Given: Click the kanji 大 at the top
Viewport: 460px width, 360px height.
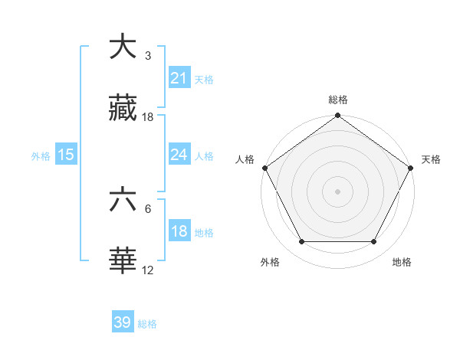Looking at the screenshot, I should click(x=123, y=47).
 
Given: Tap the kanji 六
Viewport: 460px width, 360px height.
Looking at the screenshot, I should click(x=123, y=200).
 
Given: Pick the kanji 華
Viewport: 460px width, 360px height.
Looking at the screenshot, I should click(x=123, y=261).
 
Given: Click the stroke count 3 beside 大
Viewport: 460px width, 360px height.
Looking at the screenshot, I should click(x=147, y=56).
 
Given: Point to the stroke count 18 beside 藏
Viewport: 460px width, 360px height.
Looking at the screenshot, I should click(x=148, y=117).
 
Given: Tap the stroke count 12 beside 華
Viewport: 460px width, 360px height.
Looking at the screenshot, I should click(x=148, y=270).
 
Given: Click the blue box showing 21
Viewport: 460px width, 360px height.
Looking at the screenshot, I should click(x=179, y=77).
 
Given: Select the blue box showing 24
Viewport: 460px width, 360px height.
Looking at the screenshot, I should click(x=179, y=154).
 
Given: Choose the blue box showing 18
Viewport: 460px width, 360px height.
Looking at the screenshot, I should click(x=179, y=231).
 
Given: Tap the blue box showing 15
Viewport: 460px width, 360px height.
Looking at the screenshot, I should click(x=66, y=154).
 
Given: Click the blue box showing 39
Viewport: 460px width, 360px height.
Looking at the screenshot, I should click(x=123, y=322).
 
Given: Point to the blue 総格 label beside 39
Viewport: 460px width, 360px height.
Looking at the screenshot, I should click(x=147, y=324).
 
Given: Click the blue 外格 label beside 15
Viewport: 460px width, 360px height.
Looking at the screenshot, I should click(x=41, y=155).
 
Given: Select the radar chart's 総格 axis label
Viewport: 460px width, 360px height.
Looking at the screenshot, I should click(x=337, y=100).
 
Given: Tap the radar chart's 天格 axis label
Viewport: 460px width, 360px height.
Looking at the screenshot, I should click(x=431, y=159).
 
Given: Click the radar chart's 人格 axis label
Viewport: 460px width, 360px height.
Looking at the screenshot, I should click(x=245, y=159).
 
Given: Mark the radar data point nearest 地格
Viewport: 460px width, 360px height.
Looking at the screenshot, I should click(x=374, y=242).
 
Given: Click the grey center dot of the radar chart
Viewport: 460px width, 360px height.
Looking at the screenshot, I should click(x=337, y=191).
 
